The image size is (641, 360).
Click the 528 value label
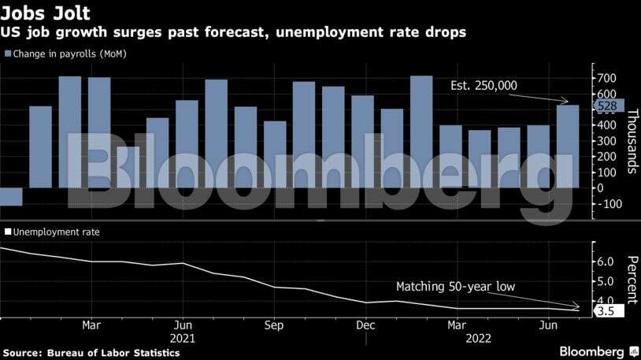click(607, 106)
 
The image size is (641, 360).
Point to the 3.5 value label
click(606, 311)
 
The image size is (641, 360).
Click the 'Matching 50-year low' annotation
click(455, 287)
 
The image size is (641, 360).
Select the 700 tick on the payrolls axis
click(606, 78)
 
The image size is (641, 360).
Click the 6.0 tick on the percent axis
click(606, 262)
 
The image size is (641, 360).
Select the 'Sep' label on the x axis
click(274, 325)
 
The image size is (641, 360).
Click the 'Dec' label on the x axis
click(365, 325)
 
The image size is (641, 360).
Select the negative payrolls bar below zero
click(11, 196)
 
